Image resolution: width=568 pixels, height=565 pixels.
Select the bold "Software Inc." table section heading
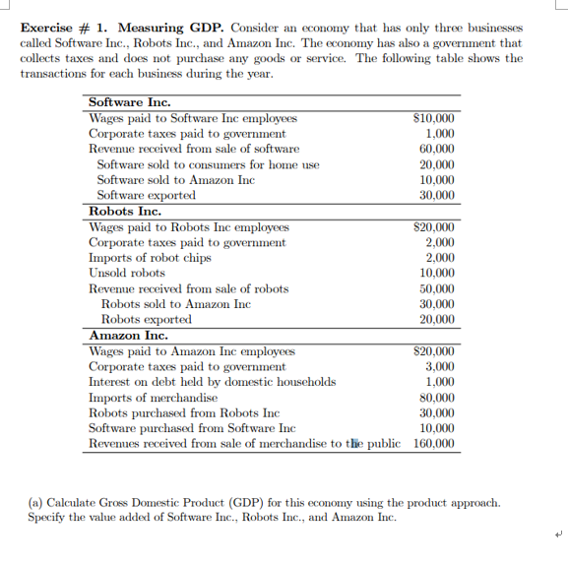pyautogui.click(x=130, y=102)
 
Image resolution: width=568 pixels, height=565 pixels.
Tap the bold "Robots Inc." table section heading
pyautogui.click(x=125, y=211)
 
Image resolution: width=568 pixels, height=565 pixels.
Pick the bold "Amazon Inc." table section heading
pyautogui.click(x=128, y=335)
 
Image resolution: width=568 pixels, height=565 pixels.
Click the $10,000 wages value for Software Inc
pyautogui.click(x=434, y=118)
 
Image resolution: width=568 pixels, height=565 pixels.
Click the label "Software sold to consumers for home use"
pyautogui.click(x=208, y=164)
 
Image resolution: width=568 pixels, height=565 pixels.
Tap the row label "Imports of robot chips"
pyautogui.click(x=150, y=257)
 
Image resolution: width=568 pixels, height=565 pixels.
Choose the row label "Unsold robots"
pyautogui.click(x=127, y=273)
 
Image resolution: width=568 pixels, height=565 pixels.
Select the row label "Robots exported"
pyautogui.click(x=147, y=319)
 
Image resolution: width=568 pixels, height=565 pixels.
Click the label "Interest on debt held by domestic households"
pyautogui.click(x=212, y=382)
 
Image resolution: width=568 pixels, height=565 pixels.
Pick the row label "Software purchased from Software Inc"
pyautogui.click(x=192, y=428)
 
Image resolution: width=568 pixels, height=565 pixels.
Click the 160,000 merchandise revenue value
pyautogui.click(x=434, y=444)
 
